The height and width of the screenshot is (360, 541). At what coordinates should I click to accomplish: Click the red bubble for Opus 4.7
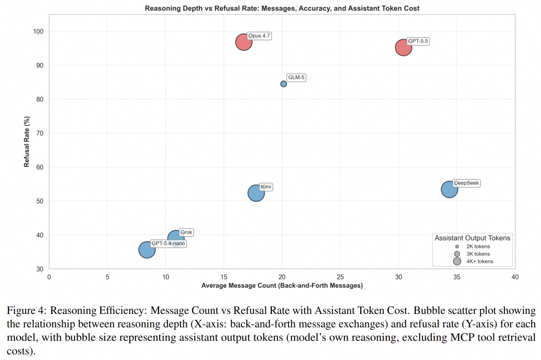(244, 42)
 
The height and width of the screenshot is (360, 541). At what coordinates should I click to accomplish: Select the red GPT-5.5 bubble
(403, 48)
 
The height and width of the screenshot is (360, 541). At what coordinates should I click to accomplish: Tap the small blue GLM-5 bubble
(283, 84)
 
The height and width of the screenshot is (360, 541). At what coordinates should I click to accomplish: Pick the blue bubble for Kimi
(256, 193)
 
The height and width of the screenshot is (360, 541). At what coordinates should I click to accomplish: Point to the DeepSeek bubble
(449, 189)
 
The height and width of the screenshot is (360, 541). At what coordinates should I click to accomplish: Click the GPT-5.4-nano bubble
(147, 250)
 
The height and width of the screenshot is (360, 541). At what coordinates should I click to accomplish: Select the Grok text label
(186, 232)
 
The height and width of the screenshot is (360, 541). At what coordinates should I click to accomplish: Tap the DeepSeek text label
(466, 183)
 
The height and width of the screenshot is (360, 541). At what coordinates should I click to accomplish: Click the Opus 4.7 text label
(259, 36)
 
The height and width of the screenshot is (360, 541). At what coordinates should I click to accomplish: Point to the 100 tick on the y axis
(38, 32)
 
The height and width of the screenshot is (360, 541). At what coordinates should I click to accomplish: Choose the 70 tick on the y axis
(40, 133)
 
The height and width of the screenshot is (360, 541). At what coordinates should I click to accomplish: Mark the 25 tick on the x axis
(340, 277)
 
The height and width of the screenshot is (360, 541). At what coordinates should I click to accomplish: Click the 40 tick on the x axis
(515, 277)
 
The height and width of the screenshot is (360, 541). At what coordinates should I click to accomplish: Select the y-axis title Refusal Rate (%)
(27, 142)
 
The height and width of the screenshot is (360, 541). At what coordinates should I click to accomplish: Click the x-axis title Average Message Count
(282, 285)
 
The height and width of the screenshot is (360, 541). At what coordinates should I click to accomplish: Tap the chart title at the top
(282, 9)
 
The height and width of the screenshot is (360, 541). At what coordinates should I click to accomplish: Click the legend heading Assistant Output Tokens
(472, 238)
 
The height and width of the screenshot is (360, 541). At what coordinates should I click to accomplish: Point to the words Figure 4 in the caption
(26, 311)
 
